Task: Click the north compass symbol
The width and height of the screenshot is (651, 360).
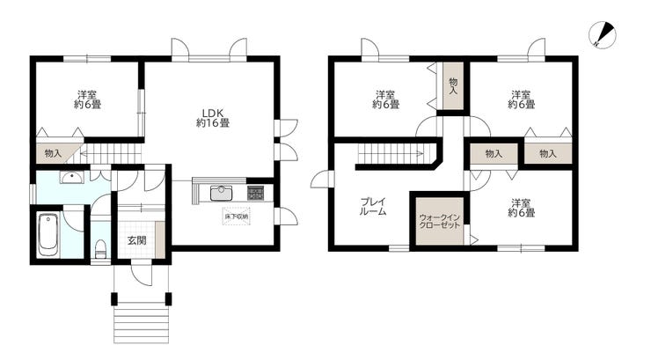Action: tap(603, 35)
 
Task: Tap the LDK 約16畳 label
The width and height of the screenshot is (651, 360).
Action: tap(213, 118)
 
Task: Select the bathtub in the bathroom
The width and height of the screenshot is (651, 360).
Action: tap(48, 235)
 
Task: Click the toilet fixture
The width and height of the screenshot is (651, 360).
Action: tap(100, 248)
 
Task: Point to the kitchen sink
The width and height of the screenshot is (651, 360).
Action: tap(222, 193)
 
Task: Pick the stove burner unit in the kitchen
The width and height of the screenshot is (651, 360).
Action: tap(255, 193)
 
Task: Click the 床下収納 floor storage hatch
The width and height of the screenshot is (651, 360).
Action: tap(237, 217)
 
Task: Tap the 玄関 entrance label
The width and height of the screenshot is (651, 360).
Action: tap(136, 240)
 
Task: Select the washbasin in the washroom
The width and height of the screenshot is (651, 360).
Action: tap(71, 178)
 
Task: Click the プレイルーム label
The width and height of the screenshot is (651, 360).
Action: tap(373, 206)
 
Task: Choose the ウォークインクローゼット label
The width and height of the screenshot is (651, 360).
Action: tap(440, 221)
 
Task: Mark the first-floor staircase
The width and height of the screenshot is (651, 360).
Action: tap(111, 154)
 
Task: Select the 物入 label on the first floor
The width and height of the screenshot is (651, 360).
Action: tap(53, 153)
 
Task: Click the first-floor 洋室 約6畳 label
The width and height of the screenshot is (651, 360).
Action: tap(88, 99)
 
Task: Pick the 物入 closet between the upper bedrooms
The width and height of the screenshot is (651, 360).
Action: tap(453, 86)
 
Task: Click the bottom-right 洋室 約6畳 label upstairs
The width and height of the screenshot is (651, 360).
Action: tap(522, 208)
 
